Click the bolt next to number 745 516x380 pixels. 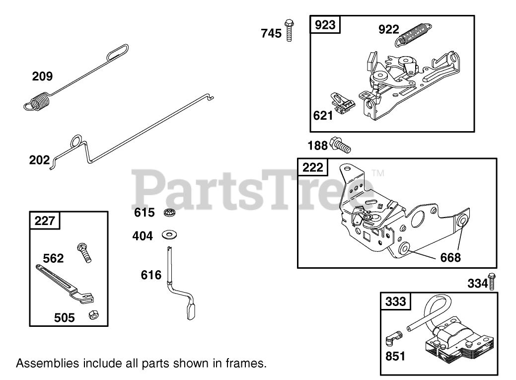288,29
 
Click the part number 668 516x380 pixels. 450,257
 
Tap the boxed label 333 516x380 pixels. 396,302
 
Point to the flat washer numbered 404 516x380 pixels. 170,234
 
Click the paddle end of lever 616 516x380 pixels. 191,312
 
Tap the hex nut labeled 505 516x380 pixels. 92,315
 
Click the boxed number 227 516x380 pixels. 45,220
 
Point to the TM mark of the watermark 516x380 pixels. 378,173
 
